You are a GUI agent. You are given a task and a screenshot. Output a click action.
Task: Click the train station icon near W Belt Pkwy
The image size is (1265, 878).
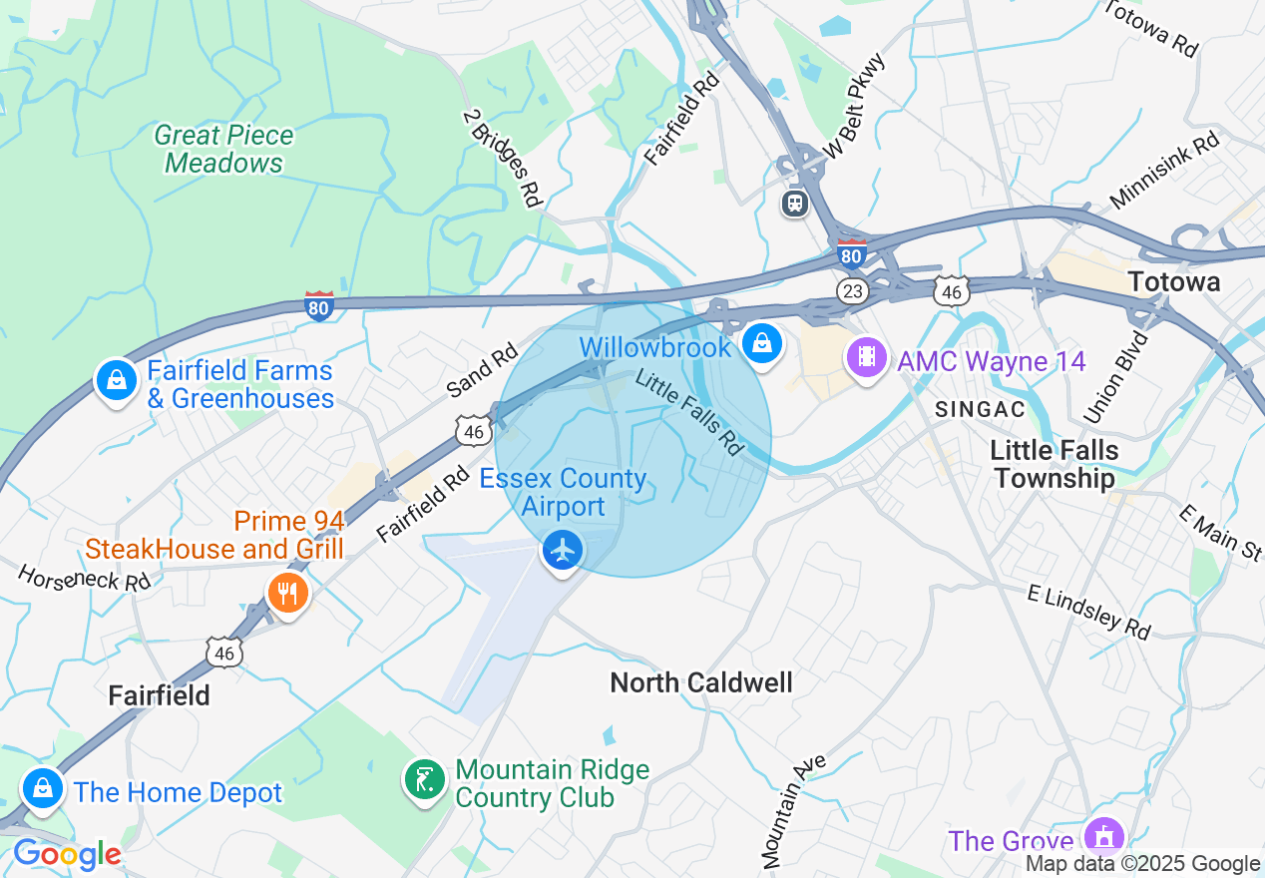[x=795, y=204]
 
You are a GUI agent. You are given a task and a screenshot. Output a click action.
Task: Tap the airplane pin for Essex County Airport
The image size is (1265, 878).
[x=563, y=550]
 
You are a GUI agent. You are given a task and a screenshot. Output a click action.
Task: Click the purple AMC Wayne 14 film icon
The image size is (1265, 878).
[x=867, y=356]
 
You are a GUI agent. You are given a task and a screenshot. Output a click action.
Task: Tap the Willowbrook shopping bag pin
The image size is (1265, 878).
[x=762, y=344]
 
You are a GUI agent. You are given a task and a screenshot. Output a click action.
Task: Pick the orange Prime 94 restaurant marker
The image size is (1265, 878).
[x=288, y=594]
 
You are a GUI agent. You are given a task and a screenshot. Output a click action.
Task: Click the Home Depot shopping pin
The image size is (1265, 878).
[x=43, y=787]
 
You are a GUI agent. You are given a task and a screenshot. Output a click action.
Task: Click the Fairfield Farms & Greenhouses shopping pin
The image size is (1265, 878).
[x=117, y=380]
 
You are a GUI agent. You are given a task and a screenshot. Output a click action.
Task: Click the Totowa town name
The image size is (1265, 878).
[x=1174, y=282]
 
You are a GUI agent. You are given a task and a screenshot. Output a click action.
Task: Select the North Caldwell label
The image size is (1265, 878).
[x=700, y=682]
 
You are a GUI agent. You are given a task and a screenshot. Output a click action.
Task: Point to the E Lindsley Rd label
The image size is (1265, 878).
[x=1089, y=610]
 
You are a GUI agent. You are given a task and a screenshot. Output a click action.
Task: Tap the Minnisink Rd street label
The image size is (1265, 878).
[x=1164, y=171]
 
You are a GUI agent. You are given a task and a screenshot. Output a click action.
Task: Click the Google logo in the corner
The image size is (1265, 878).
[x=67, y=855]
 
